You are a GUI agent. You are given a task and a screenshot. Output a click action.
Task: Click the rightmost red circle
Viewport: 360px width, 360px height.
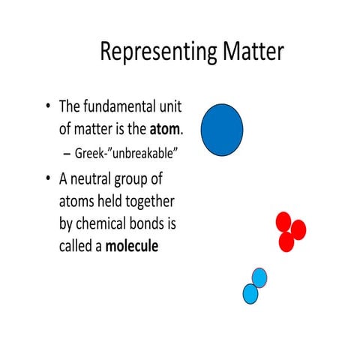pyautogui.click(x=298, y=229)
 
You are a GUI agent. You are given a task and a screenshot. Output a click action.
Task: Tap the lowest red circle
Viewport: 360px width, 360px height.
pyautogui.click(x=286, y=242)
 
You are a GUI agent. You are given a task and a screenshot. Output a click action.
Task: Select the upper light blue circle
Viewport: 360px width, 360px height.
pyautogui.click(x=259, y=278)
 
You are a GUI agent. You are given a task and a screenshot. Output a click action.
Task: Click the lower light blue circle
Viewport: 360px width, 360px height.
pyautogui.click(x=250, y=293)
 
